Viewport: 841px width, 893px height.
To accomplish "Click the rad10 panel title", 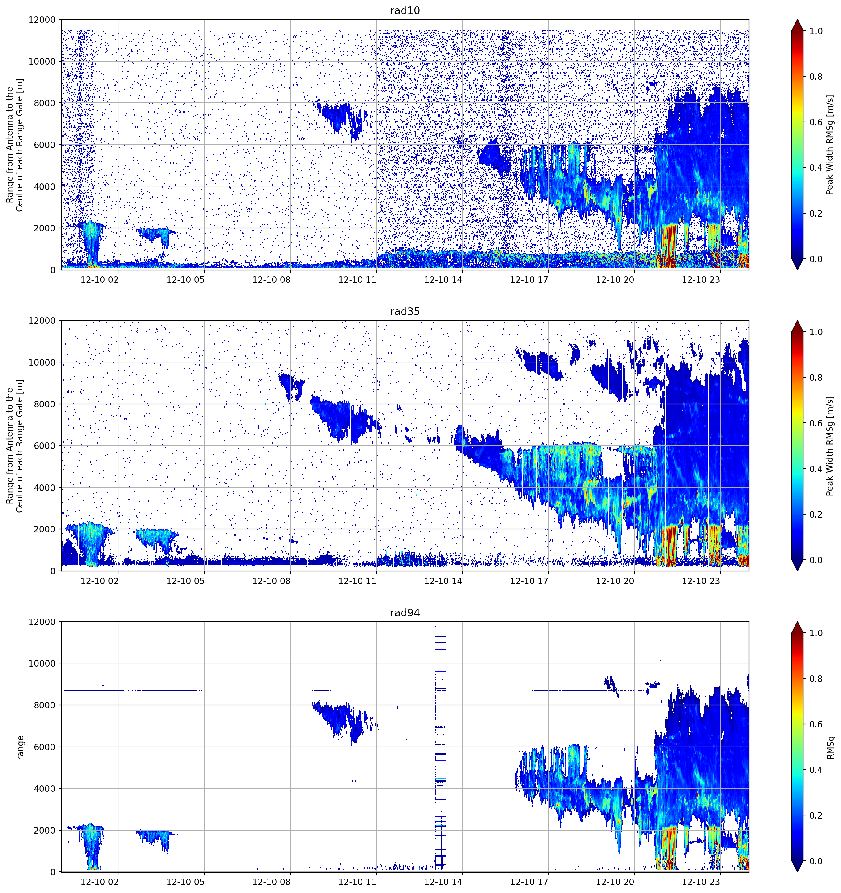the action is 405,10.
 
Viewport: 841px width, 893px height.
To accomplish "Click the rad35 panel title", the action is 405,311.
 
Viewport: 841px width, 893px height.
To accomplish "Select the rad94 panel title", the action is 405,613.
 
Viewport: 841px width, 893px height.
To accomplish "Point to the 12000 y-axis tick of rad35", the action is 41,321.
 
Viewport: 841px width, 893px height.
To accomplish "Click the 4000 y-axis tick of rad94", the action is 44,789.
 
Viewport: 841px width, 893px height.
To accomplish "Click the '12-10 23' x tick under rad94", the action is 701,882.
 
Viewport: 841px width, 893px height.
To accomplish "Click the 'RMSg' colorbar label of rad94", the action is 830,747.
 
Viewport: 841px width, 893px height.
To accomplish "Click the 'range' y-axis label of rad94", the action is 20,747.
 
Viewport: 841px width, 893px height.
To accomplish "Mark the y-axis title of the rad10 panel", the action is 14,145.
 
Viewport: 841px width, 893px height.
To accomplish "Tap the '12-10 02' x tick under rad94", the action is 99,882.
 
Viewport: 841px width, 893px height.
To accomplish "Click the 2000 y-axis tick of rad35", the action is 44,530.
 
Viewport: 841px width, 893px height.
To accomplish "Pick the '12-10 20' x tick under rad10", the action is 615,280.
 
